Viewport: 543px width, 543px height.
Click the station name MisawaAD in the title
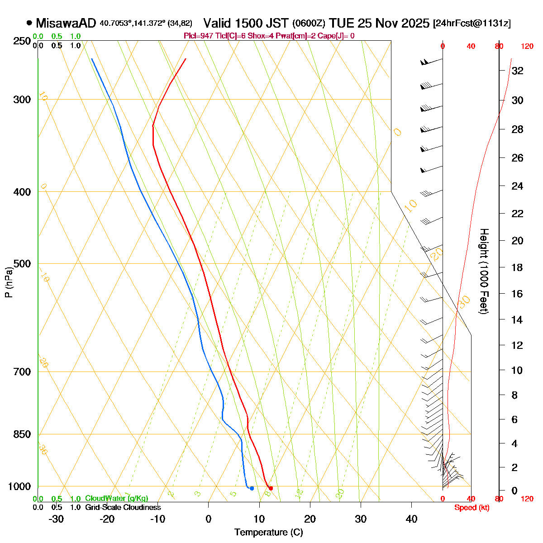66,23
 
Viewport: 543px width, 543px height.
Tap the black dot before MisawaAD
29,22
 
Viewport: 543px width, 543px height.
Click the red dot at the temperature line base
271,488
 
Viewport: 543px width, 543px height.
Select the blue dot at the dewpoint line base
252,488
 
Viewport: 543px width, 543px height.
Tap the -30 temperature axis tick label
56,519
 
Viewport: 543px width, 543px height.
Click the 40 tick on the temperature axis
411,519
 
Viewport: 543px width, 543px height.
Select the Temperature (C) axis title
268,533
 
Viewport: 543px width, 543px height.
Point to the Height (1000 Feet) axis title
484,271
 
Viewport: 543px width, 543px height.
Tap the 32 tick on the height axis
517,71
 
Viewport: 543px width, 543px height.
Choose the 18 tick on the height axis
517,268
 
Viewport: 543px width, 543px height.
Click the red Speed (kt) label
472,508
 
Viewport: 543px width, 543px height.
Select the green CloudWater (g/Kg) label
116,498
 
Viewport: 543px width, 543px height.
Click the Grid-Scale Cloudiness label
123,507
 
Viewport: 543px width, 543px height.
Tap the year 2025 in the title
416,23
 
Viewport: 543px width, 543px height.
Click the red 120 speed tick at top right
527,46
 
